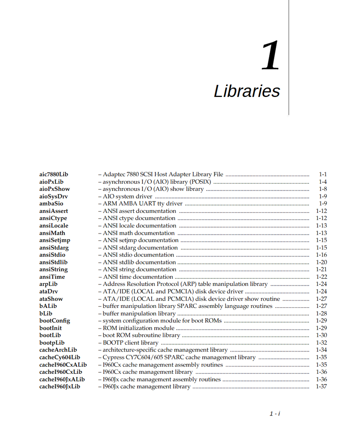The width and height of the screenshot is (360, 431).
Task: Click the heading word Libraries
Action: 247,91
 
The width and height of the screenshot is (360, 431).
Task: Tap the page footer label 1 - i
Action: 275,414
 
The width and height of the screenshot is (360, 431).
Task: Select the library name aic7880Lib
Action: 54,175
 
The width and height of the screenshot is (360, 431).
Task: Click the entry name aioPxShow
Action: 55,189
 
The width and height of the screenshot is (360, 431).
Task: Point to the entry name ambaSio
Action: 51,204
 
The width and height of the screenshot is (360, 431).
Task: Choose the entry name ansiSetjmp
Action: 55,240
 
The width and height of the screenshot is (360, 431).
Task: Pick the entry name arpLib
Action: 49,284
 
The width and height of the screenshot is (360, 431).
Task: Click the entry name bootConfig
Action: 55,321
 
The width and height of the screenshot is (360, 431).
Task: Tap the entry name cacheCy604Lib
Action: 59,357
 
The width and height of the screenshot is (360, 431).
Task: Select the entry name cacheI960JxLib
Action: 59,387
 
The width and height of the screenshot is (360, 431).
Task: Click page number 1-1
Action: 323,175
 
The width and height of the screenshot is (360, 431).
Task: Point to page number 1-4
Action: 323,182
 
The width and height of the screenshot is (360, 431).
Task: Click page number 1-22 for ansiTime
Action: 321,277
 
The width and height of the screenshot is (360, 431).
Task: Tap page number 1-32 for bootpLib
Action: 321,343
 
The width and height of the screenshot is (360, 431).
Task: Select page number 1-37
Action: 321,387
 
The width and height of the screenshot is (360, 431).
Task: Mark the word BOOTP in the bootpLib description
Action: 112,343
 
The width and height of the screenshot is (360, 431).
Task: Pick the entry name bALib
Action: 48,306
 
